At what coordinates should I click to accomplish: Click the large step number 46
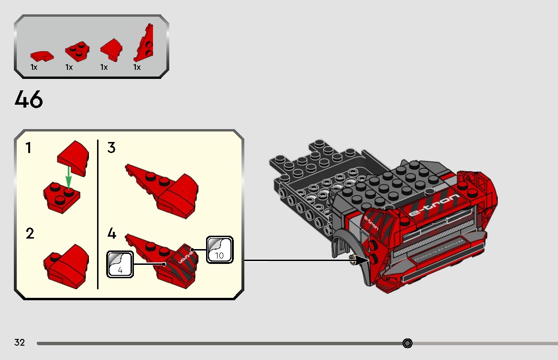[x=29, y=99]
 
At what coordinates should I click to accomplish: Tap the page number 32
[x=20, y=342]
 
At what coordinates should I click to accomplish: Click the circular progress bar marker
[x=407, y=343]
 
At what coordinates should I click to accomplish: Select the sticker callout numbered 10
[x=219, y=249]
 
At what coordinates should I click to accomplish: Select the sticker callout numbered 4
[x=120, y=264]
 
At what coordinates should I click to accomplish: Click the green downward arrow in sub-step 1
[x=68, y=177]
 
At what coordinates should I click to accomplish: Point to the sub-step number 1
[x=29, y=148]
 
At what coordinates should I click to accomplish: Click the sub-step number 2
[x=30, y=234]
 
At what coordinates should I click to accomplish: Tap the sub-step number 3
[x=111, y=148]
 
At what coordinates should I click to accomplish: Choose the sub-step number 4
[x=112, y=234]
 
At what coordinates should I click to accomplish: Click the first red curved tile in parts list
[x=42, y=55]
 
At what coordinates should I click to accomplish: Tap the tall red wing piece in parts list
[x=145, y=45]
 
